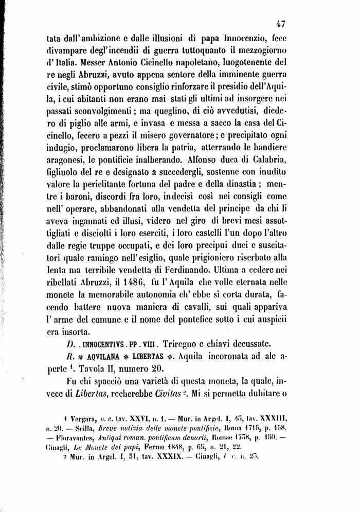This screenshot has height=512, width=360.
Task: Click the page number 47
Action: pyautogui.click(x=281, y=23)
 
